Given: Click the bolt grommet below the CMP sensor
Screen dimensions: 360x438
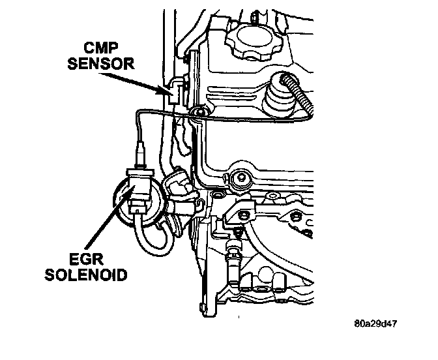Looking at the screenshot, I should [196, 115].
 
